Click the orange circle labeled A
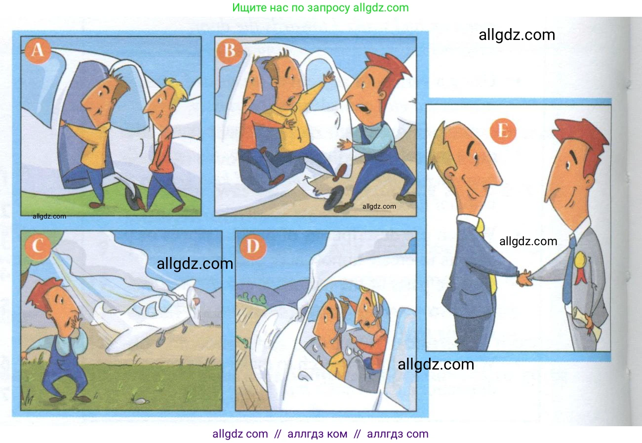pyautogui.click(x=39, y=51)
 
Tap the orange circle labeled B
pyautogui.click(x=230, y=51)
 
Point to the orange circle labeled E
pyautogui.click(x=503, y=132)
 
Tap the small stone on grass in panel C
pyautogui.click(x=141, y=401)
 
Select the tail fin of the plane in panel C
pyautogui.click(x=99, y=310)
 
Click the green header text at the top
pyautogui.click(x=321, y=8)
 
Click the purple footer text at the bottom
pyautogui.click(x=321, y=434)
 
